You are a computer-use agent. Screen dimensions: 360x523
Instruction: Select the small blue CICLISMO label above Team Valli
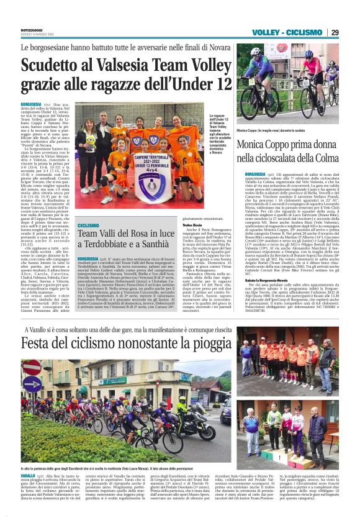pos(89,225)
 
